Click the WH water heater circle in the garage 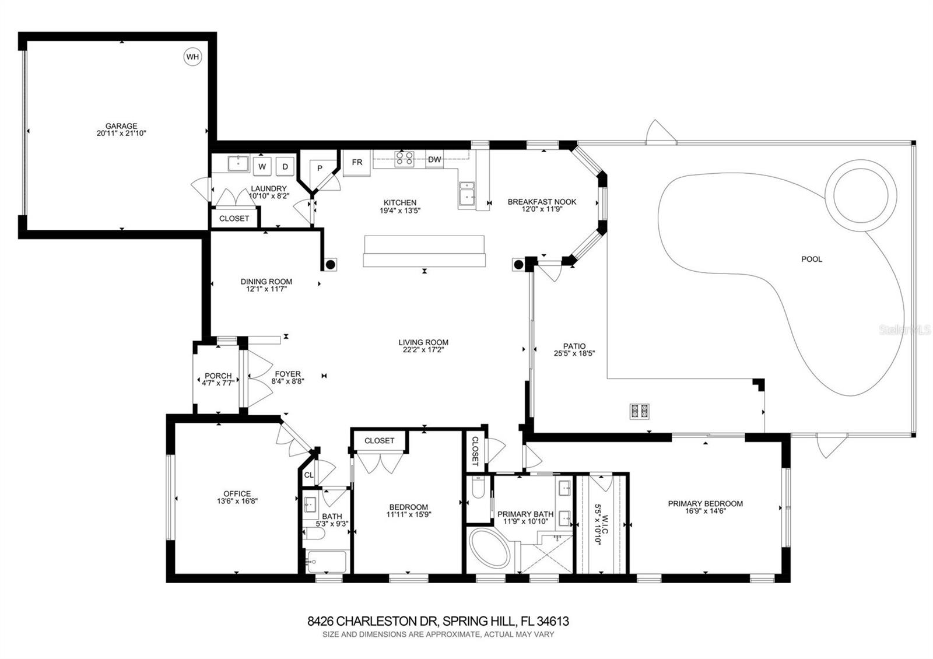click(x=192, y=57)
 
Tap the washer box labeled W click(x=262, y=166)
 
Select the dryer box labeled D click(x=285, y=166)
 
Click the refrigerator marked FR click(x=357, y=163)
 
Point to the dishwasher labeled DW click(x=434, y=160)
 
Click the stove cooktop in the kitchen click(x=405, y=159)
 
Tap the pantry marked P click(x=320, y=168)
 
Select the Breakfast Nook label click(x=542, y=202)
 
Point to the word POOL click(x=811, y=259)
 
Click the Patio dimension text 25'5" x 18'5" click(x=574, y=353)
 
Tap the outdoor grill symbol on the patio click(x=640, y=411)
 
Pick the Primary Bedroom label click(x=705, y=503)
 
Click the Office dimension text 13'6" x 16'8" click(x=237, y=501)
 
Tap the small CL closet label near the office click(x=309, y=475)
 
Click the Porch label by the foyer click(x=218, y=376)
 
